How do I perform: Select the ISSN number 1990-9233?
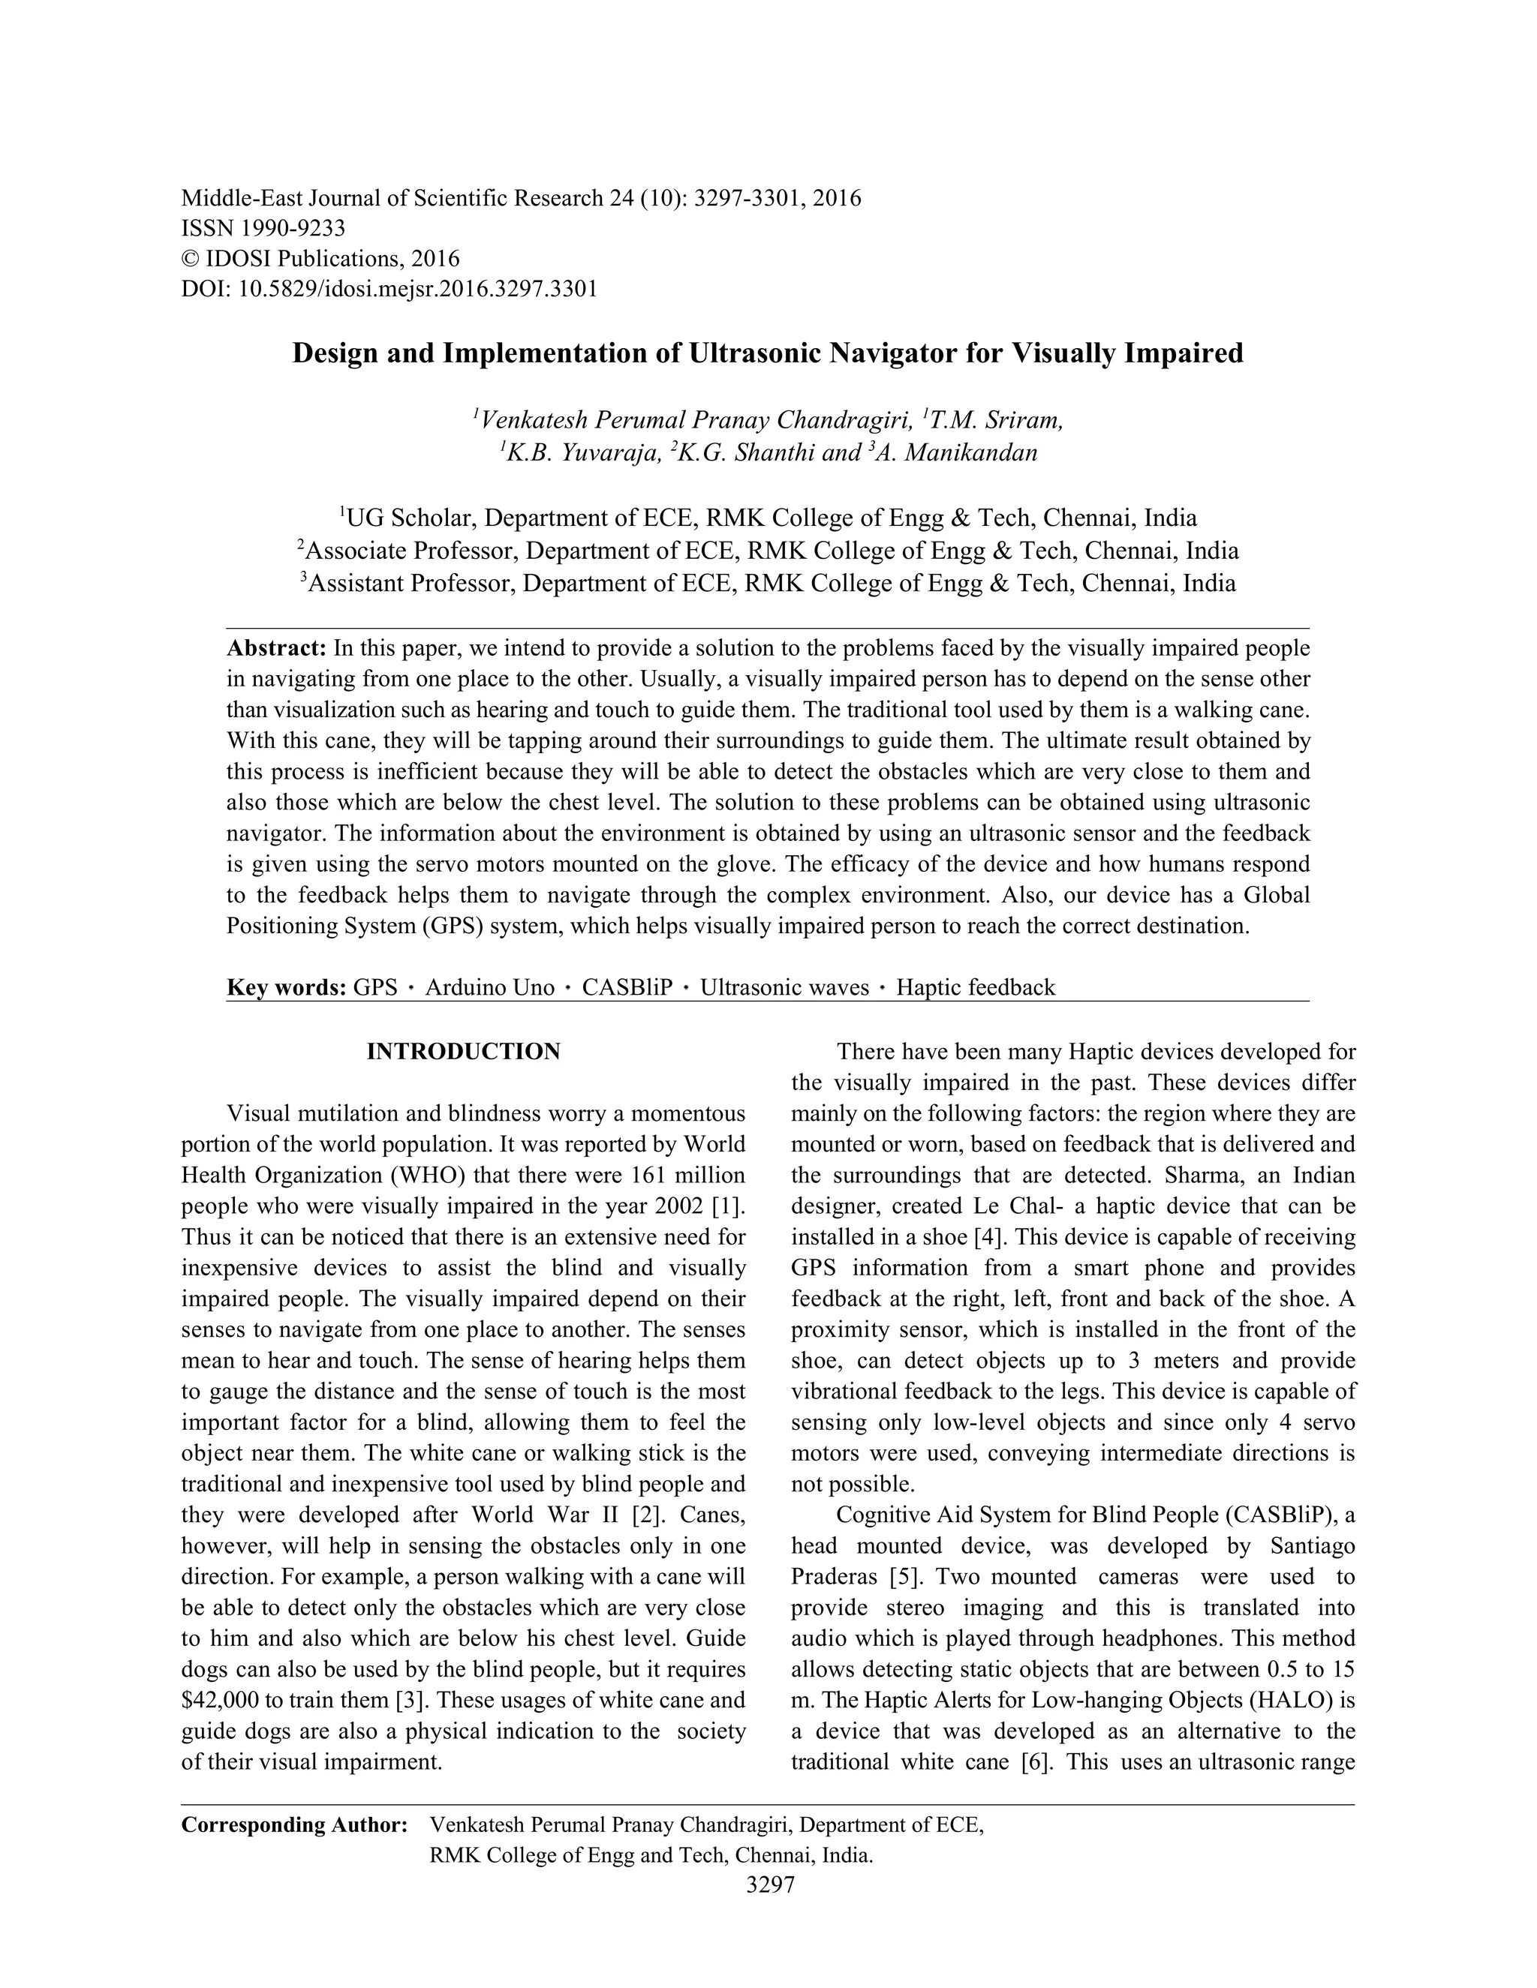tap(293, 227)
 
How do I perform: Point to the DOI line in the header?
tap(389, 290)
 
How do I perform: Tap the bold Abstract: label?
tap(276, 648)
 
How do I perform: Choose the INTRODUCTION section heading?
tap(464, 1053)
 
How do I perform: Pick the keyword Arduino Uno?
tap(489, 988)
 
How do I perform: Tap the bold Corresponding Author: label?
tap(294, 1825)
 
